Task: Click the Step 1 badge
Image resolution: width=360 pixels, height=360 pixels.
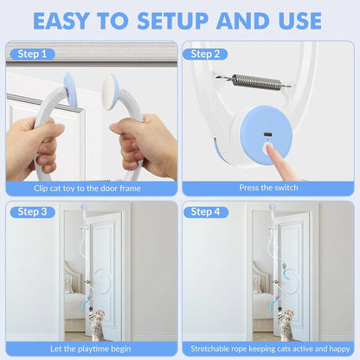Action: (x=33, y=54)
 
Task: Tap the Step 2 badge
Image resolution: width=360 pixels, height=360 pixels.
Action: (x=205, y=54)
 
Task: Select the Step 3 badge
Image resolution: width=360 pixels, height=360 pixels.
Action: (x=33, y=212)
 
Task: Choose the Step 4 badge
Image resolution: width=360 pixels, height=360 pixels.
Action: (x=205, y=212)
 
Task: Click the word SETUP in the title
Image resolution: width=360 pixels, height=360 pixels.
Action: (x=172, y=21)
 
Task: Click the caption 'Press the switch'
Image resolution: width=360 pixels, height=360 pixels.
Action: (x=268, y=188)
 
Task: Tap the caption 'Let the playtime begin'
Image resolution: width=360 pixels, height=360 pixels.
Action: (x=91, y=349)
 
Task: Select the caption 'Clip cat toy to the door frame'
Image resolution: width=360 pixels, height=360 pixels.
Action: (x=87, y=189)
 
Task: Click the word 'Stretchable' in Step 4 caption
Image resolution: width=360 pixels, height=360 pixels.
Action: (x=210, y=349)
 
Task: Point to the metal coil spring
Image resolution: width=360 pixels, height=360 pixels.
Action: (x=254, y=81)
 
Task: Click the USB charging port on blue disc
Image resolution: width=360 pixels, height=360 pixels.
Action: (x=267, y=134)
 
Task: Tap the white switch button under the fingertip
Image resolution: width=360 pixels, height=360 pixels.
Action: (x=268, y=148)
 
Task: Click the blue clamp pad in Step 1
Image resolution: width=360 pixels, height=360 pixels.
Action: (x=70, y=90)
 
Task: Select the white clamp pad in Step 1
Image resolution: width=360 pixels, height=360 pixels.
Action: (x=109, y=92)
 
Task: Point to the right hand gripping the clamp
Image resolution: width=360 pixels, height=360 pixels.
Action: (x=145, y=145)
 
